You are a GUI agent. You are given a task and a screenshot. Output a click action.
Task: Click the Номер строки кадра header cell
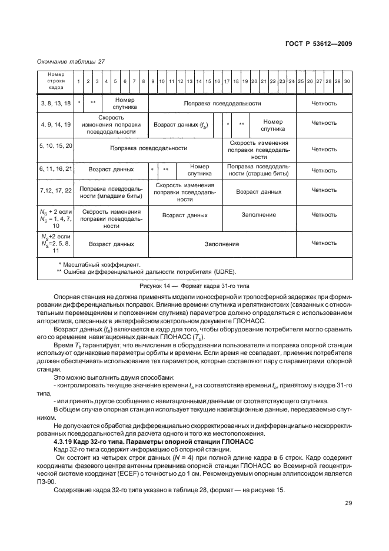tap(55, 81)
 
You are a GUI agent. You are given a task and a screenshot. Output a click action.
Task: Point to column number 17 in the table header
tap(227, 81)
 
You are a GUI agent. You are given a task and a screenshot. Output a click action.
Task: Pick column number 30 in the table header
tap(347, 81)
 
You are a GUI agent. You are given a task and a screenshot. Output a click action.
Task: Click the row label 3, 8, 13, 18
tap(55, 104)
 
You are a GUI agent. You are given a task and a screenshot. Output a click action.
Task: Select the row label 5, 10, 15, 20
tap(55, 145)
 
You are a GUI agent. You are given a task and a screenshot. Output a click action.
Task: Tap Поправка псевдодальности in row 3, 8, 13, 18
tap(222, 104)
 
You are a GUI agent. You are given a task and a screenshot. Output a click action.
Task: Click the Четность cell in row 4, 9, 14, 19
tap(324, 123)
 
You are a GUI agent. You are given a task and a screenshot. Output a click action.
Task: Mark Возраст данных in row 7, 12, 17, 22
tap(258, 191)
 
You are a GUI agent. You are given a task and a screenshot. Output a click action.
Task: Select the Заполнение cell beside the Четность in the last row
tap(222, 244)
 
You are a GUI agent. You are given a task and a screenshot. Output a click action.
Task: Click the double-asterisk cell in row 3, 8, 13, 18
tap(93, 104)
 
